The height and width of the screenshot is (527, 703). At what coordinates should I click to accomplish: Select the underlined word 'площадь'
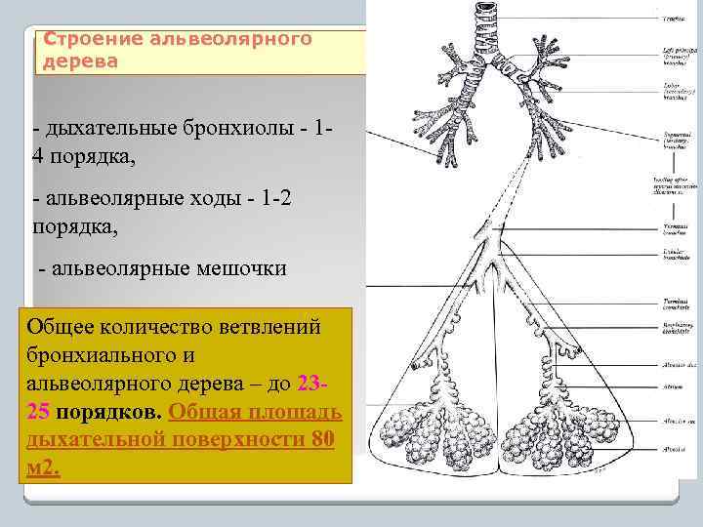pos(292,410)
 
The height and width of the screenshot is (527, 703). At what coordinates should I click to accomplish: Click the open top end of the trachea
pos(485,6)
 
